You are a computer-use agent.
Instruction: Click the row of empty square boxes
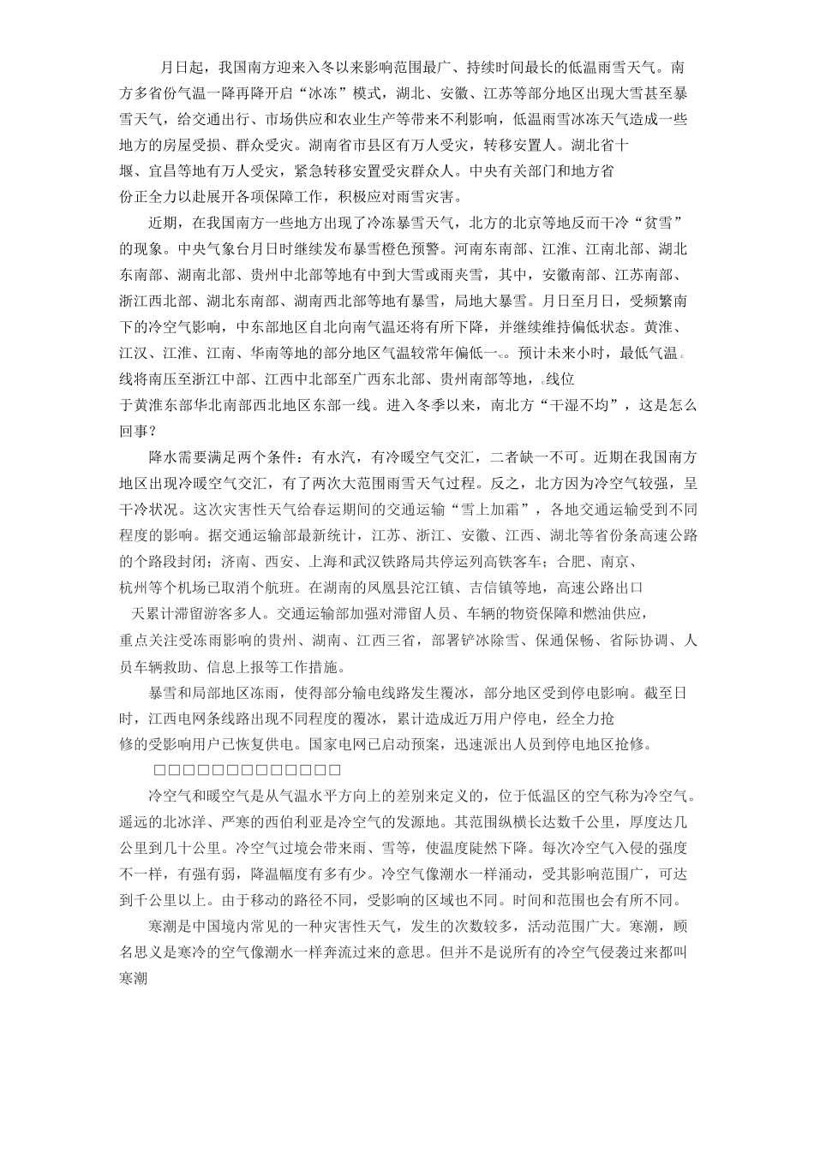tap(247, 770)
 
